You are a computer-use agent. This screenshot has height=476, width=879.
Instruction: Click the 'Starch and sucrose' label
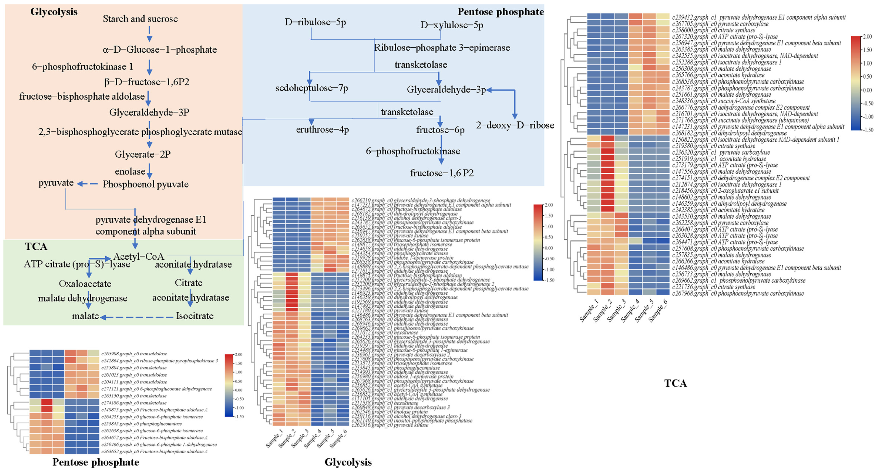pyautogui.click(x=140, y=19)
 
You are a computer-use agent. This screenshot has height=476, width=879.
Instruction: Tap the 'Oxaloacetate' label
pyautogui.click(x=85, y=283)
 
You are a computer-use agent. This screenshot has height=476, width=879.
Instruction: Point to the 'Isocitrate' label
pyautogui.click(x=194, y=316)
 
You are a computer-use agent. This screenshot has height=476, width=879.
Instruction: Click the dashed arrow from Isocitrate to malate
pyautogui.click(x=137, y=317)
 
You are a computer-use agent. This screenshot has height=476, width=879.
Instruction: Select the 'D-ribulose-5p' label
pyautogui.click(x=315, y=22)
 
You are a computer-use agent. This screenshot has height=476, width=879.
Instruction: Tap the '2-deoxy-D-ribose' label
pyautogui.click(x=515, y=125)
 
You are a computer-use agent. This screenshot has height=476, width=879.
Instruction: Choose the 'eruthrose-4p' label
pyautogui.click(x=322, y=129)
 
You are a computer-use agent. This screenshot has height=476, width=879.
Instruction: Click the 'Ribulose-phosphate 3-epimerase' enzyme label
pyautogui.click(x=442, y=47)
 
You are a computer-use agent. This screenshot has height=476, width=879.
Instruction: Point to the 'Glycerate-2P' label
pyautogui.click(x=143, y=154)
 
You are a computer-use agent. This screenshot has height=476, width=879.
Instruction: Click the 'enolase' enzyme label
pyautogui.click(x=130, y=171)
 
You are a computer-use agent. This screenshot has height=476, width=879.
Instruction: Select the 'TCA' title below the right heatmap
pyautogui.click(x=675, y=383)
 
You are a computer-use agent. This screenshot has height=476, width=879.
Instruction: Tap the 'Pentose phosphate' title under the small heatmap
pyautogui.click(x=96, y=462)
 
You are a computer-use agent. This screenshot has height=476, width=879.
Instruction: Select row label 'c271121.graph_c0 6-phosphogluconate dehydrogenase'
pyautogui.click(x=156, y=389)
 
